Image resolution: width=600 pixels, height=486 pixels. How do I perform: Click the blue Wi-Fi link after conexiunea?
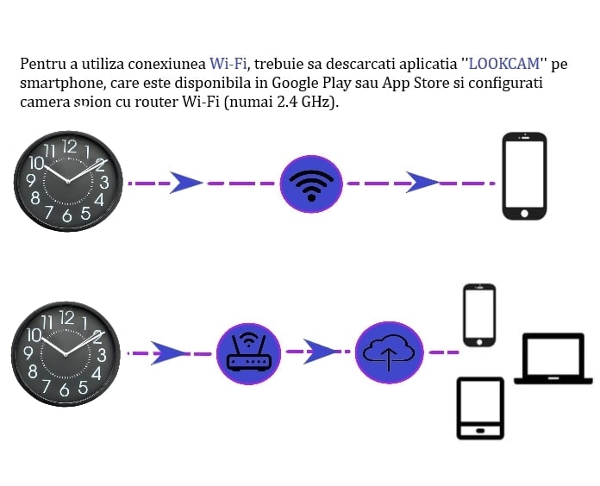(228, 64)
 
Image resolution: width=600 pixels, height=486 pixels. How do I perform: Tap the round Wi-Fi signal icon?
(311, 183)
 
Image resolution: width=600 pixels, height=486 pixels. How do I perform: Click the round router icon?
(248, 352)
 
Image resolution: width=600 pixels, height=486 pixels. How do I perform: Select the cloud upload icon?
(389, 352)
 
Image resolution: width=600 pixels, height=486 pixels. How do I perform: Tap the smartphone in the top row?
(524, 177)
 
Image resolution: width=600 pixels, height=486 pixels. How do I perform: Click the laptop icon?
(553, 358)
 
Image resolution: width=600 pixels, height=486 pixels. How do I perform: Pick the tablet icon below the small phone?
(479, 408)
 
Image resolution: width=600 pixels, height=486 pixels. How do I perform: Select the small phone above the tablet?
(479, 315)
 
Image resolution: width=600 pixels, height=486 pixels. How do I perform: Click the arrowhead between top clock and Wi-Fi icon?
(184, 183)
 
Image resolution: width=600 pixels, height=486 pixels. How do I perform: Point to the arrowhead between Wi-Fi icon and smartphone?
(422, 183)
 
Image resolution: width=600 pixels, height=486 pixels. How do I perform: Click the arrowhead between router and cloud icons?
(320, 352)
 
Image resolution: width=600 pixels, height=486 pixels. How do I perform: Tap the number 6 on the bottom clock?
(66, 388)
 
